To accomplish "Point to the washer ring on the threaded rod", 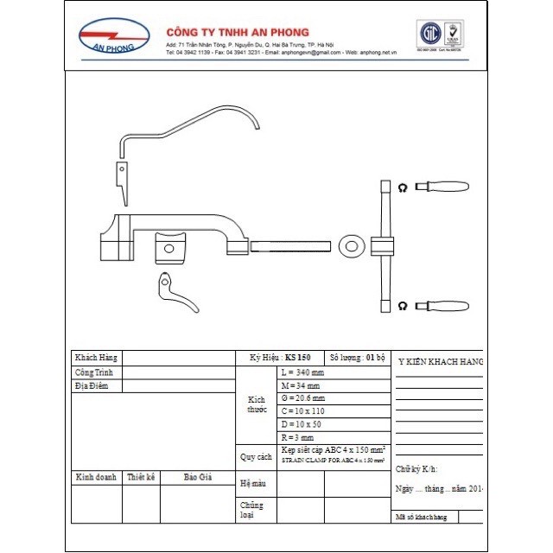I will [351, 245].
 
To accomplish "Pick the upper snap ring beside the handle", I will [403, 187].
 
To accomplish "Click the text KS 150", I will [297, 357].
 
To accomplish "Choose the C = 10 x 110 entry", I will [305, 411].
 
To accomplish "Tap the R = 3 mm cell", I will [298, 438].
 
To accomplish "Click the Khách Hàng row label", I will [96, 357].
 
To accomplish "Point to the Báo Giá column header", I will [197, 477].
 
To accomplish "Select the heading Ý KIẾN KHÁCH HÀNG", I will [439, 360].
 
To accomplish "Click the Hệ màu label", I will [254, 483].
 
